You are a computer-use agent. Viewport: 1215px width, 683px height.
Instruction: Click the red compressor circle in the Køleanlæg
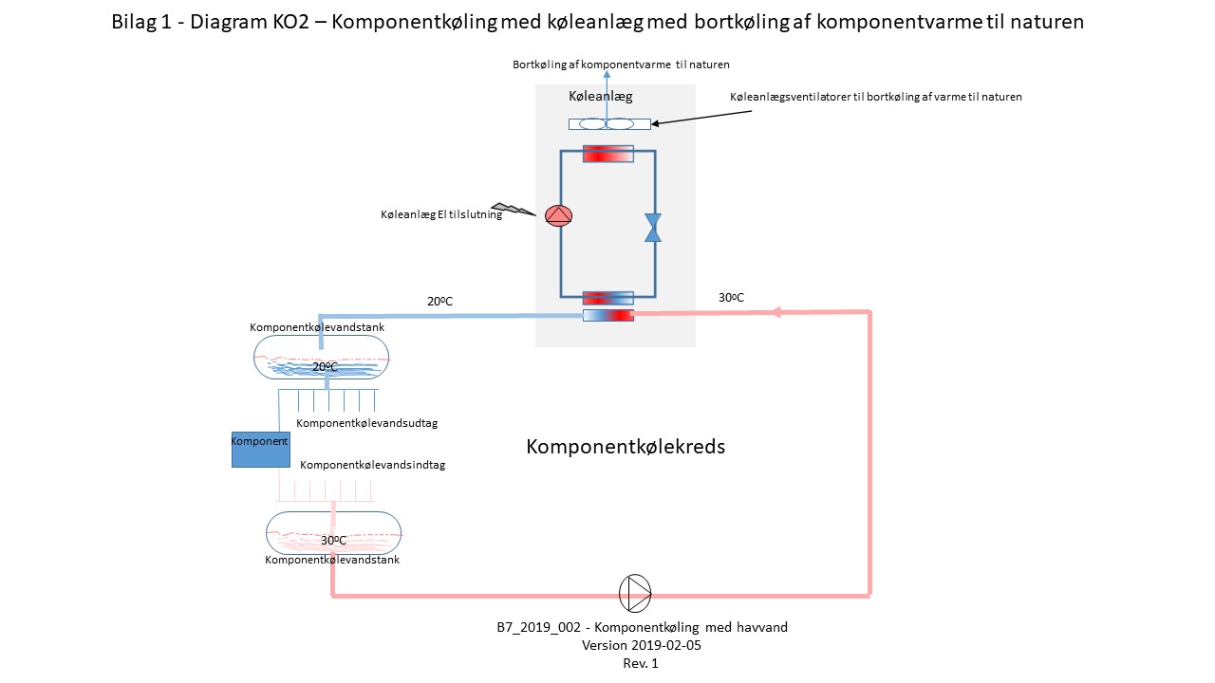tap(559, 215)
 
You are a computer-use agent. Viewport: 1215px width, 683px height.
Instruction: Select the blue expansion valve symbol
tap(653, 228)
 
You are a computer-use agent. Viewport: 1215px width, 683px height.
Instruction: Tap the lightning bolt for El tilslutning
tap(514, 209)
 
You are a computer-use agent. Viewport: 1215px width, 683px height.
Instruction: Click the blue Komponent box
tap(261, 449)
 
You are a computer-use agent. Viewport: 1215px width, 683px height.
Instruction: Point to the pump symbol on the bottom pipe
tap(635, 593)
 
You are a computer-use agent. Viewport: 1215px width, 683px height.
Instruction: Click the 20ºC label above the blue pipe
tap(439, 302)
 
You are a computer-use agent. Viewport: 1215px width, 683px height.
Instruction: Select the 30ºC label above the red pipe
tap(731, 298)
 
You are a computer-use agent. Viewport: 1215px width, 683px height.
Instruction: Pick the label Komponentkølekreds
tap(626, 447)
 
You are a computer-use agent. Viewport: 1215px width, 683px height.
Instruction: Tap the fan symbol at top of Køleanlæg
tap(608, 124)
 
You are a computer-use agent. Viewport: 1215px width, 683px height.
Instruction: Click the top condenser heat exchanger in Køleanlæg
tap(607, 154)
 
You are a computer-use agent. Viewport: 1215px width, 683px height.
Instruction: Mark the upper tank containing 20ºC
tap(321, 359)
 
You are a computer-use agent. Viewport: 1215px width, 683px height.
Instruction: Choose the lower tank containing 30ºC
tap(333, 533)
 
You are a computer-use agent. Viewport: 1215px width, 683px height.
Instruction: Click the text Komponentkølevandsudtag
tap(366, 424)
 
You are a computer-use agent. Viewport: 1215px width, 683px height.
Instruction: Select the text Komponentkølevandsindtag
tap(372, 466)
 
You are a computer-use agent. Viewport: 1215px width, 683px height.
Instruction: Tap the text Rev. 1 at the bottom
tap(641, 663)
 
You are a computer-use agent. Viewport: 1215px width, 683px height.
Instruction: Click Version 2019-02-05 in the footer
tap(641, 645)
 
